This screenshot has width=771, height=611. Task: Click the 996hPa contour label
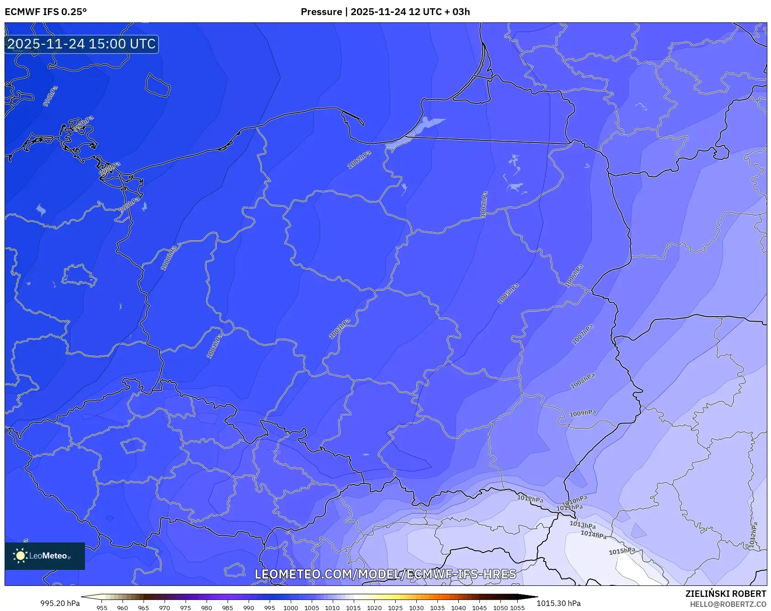coord(50,96)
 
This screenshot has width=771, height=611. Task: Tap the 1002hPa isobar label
coord(359,160)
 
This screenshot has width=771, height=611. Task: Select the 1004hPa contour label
coord(484,204)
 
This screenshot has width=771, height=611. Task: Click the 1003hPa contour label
coord(340,329)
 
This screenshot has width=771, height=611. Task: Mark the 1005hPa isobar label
coord(508,294)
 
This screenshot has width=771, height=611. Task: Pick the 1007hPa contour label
coord(583,335)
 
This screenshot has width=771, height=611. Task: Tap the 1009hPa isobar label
coord(583,413)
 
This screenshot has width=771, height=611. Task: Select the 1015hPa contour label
coord(622,551)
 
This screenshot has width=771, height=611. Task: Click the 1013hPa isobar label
coord(582,525)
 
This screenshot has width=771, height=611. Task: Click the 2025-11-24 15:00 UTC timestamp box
coord(81,44)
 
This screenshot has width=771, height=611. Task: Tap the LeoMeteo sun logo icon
coord(20,556)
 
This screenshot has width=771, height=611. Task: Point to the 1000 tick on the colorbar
coord(290,608)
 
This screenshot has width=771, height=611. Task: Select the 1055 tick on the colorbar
coord(517,608)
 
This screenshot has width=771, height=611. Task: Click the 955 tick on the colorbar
coord(101,608)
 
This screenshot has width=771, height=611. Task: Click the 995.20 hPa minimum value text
coord(60,603)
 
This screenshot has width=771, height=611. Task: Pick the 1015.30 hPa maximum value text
coord(558,603)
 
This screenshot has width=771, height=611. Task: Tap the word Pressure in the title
coord(321,12)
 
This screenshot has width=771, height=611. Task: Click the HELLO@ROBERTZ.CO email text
coord(728,604)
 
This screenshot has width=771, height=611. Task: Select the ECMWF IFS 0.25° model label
coord(46,12)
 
